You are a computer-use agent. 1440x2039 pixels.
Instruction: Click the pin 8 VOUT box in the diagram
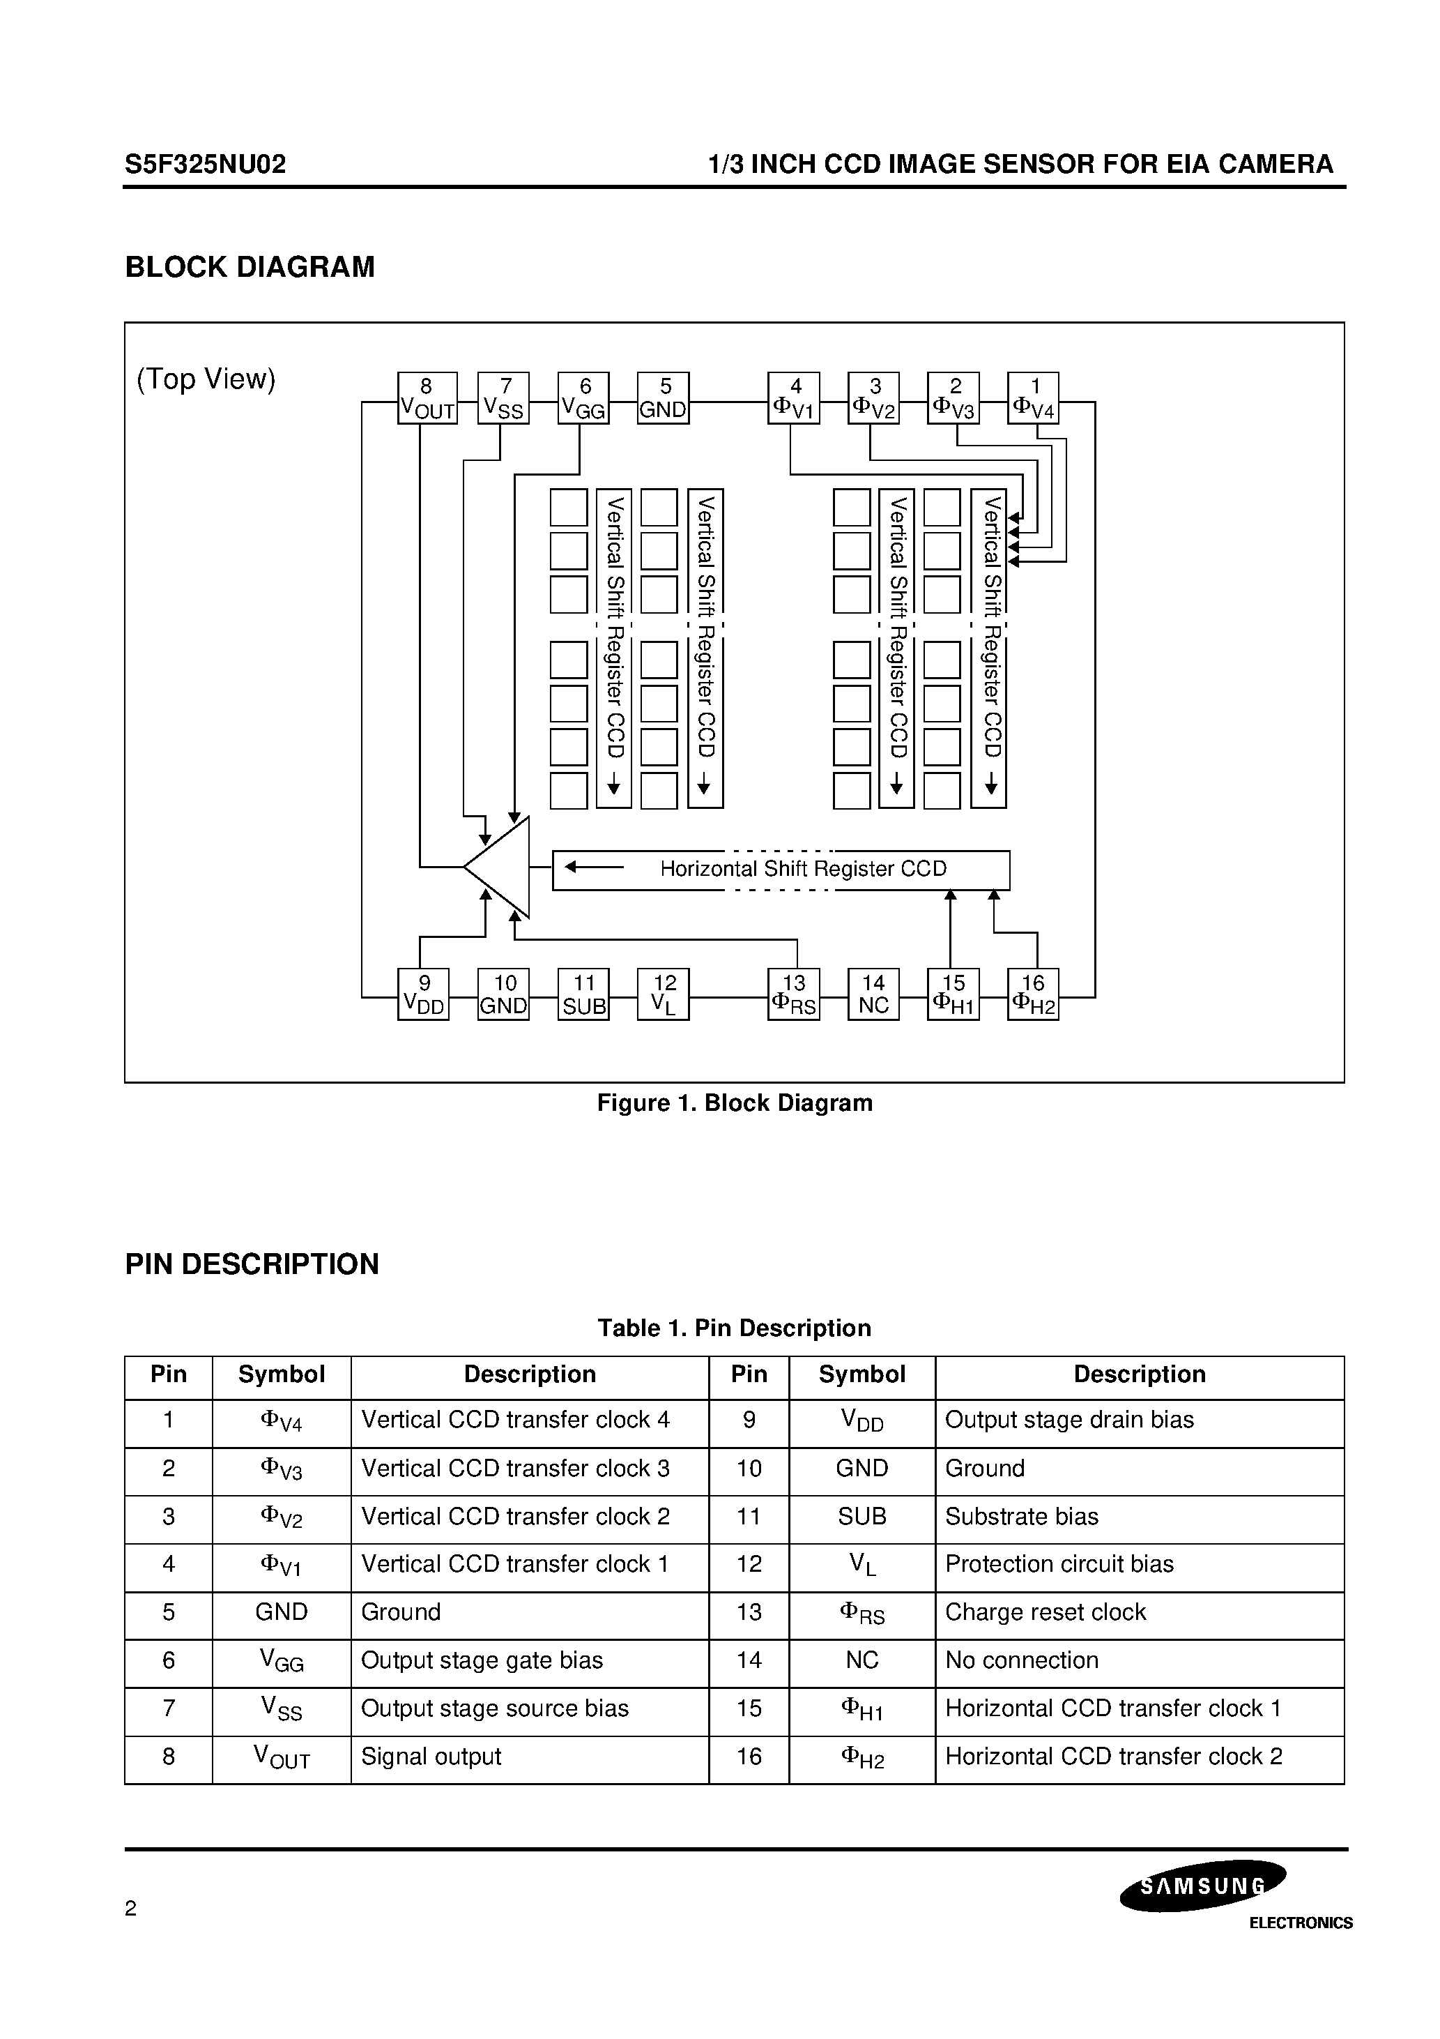427,398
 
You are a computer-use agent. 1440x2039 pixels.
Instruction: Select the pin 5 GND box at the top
663,398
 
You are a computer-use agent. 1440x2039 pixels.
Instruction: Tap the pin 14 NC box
873,994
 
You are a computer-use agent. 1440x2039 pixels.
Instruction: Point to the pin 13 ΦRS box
792,994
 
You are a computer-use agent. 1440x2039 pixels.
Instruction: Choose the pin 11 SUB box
583,994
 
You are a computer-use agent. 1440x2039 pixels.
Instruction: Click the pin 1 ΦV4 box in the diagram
1034,398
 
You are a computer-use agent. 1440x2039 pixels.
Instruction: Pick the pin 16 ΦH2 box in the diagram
1034,994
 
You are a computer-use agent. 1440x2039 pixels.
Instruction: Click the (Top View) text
206,379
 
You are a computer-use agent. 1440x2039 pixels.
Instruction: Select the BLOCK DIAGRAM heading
250,267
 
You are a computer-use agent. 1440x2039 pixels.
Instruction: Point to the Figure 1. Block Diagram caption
734,1103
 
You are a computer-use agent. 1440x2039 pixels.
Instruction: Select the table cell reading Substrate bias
1021,1517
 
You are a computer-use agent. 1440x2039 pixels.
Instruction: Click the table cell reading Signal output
431,1757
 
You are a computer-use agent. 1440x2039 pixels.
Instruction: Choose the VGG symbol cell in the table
282,1660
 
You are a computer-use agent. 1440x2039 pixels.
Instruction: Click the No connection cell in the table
1021,1660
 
